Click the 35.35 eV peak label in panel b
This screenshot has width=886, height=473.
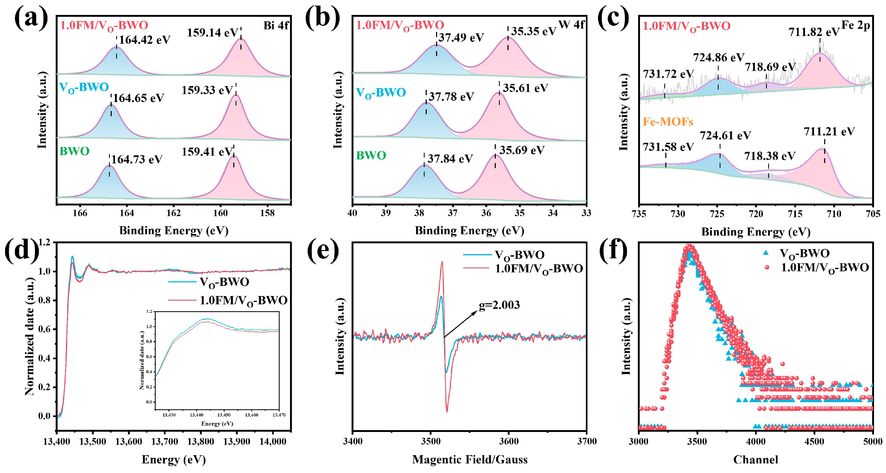point(533,32)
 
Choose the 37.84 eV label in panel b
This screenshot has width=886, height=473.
point(450,159)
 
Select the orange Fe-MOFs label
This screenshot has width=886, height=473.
point(668,122)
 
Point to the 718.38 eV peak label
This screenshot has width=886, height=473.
point(770,156)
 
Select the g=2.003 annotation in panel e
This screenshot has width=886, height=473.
point(500,305)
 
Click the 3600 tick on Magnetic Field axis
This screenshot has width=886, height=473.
point(508,441)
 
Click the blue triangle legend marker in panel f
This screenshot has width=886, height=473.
point(766,253)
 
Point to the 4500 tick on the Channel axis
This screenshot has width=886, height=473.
point(814,441)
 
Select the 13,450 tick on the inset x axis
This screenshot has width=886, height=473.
point(224,415)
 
